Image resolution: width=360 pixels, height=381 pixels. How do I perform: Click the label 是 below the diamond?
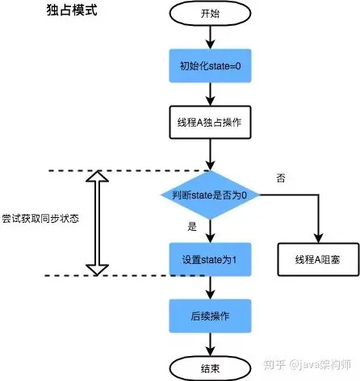click(x=192, y=227)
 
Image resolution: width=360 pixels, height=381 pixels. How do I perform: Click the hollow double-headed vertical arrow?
click(x=98, y=223)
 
